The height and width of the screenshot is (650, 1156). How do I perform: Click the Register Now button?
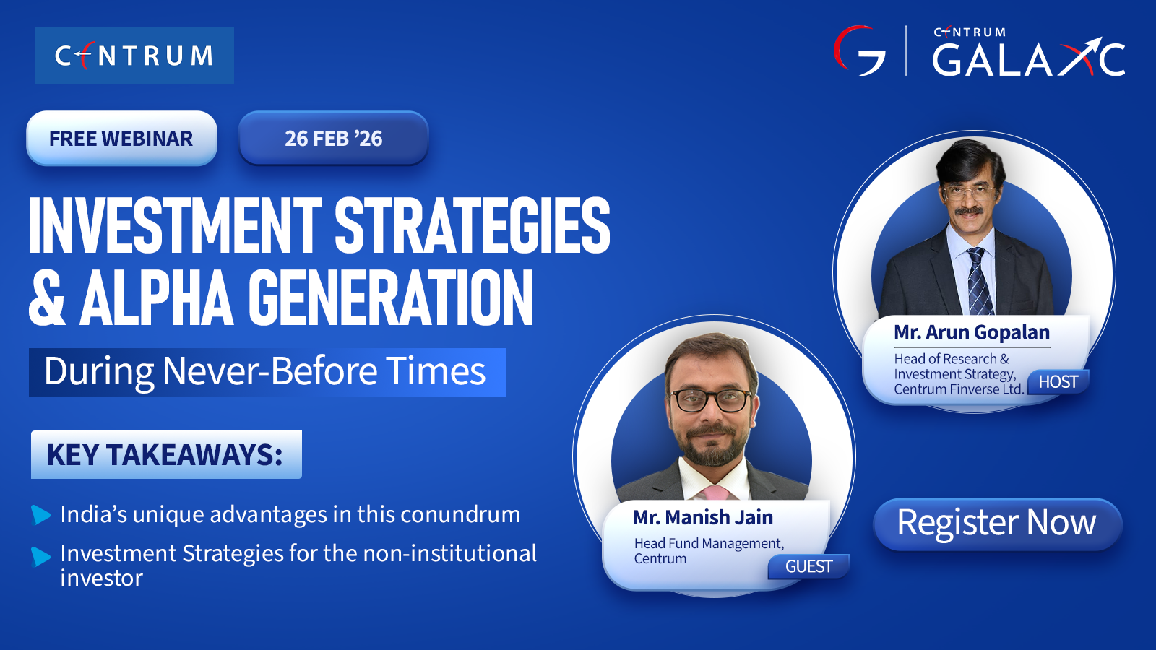pyautogui.click(x=997, y=524)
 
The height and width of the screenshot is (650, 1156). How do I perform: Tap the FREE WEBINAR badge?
pyautogui.click(x=121, y=138)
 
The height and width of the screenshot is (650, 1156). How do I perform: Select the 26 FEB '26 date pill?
pyautogui.click(x=333, y=138)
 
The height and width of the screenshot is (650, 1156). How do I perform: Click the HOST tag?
pyautogui.click(x=1058, y=382)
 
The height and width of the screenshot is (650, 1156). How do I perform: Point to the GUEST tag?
pyautogui.click(x=808, y=566)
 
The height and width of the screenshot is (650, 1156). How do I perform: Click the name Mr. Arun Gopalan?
pyautogui.click(x=972, y=332)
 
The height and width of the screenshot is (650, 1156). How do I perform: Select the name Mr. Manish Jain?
pyautogui.click(x=703, y=517)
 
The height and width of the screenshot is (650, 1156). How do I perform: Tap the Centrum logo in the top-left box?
pyautogui.click(x=134, y=56)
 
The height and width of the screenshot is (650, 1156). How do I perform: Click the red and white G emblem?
pyautogui.click(x=859, y=51)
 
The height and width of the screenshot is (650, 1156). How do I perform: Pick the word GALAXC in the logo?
pyautogui.click(x=1029, y=58)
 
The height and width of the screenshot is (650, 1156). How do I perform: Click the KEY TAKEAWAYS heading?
pyautogui.click(x=166, y=454)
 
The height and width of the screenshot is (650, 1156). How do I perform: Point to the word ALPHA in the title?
pyautogui.click(x=156, y=299)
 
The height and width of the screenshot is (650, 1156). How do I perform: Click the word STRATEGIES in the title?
pyautogui.click(x=473, y=225)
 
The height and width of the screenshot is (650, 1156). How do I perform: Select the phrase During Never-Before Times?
pyautogui.click(x=264, y=371)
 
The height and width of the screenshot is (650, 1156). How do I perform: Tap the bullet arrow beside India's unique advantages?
pyautogui.click(x=40, y=515)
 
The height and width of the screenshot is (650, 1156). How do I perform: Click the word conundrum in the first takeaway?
pyautogui.click(x=460, y=514)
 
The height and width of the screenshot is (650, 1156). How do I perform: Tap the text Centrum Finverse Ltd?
pyautogui.click(x=958, y=389)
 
